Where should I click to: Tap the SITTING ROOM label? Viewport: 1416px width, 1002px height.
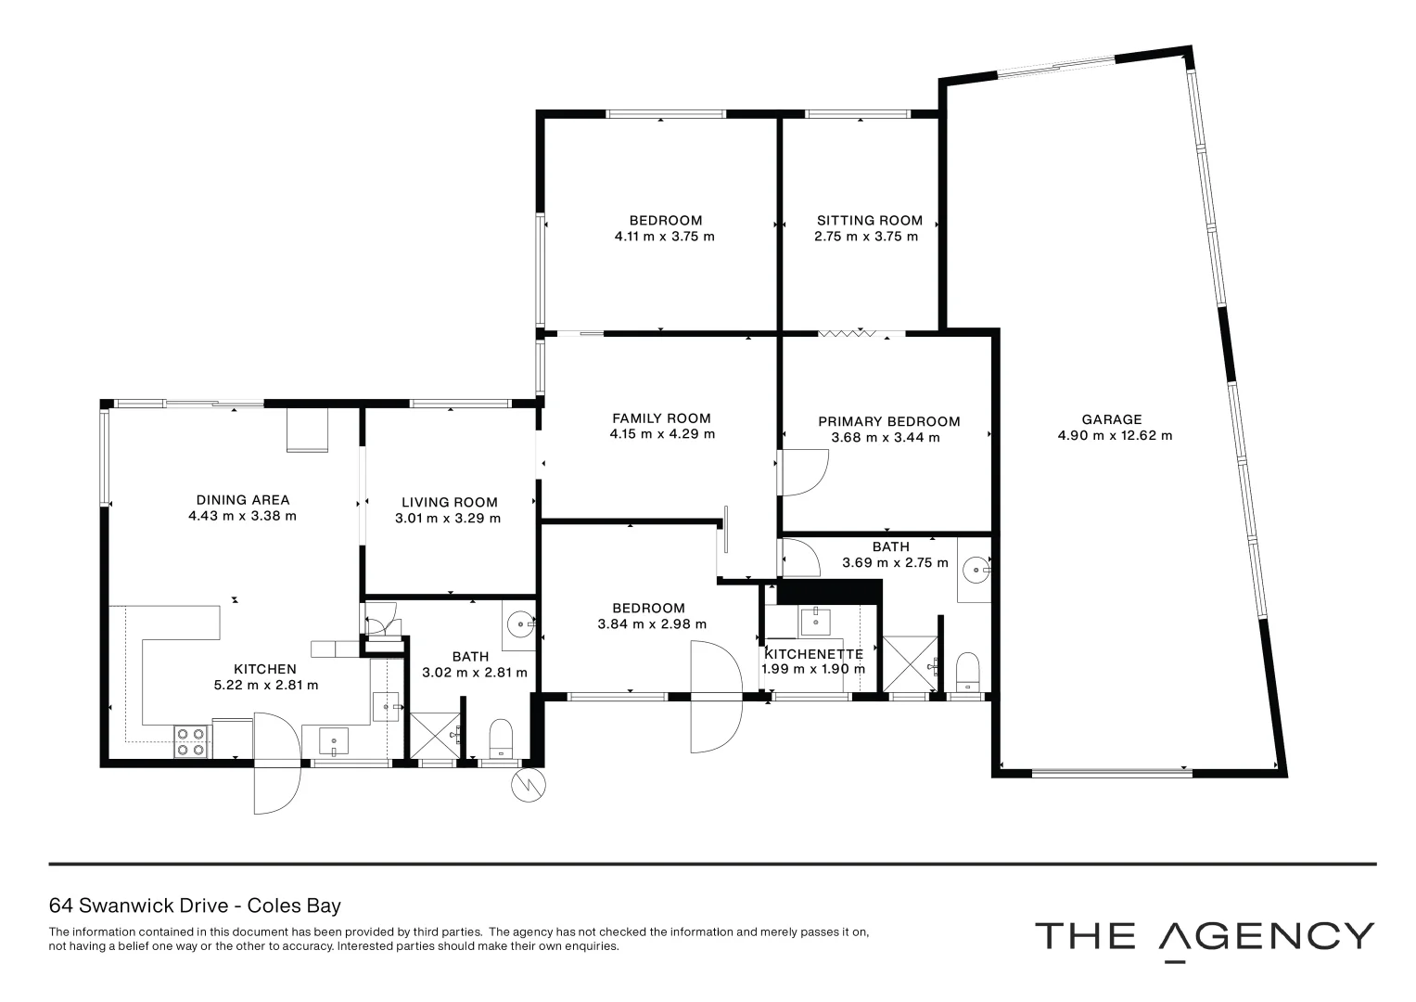pos(869,221)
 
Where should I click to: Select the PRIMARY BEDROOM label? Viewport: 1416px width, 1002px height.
pos(888,421)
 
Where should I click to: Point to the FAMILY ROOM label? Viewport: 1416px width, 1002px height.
pos(661,418)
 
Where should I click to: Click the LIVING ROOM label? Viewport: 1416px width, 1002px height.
pos(449,502)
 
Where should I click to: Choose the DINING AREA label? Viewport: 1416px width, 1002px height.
pos(242,500)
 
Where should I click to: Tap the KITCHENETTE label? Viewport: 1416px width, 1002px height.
pos(813,654)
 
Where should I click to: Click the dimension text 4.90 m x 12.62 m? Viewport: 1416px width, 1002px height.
pos(1115,435)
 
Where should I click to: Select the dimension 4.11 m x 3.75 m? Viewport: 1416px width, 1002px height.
pos(665,237)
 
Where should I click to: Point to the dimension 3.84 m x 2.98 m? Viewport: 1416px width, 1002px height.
pos(652,624)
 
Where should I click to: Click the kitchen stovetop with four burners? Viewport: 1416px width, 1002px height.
pos(191,741)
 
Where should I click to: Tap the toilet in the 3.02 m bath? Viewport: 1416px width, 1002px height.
pos(501,739)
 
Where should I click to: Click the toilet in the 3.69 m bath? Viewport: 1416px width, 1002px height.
pos(967,671)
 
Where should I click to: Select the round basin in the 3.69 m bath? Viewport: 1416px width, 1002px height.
pos(975,567)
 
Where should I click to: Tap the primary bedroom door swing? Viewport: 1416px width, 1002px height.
pos(802,472)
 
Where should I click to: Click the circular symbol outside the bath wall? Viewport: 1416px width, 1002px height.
pos(528,786)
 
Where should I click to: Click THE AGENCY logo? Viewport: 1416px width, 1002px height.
pos(1204,937)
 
